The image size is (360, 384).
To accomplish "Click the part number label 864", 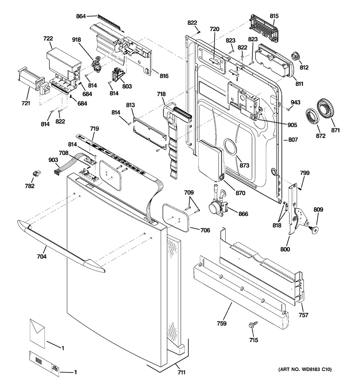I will click(81, 16).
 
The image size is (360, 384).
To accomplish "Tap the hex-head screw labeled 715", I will click(252, 326).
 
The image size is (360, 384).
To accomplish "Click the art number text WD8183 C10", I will click(305, 369).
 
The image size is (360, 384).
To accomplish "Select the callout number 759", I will click(222, 324).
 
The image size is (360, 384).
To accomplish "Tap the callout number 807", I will click(293, 140).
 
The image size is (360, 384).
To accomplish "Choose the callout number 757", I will click(303, 315).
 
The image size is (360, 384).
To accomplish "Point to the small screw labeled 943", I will click(288, 108).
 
